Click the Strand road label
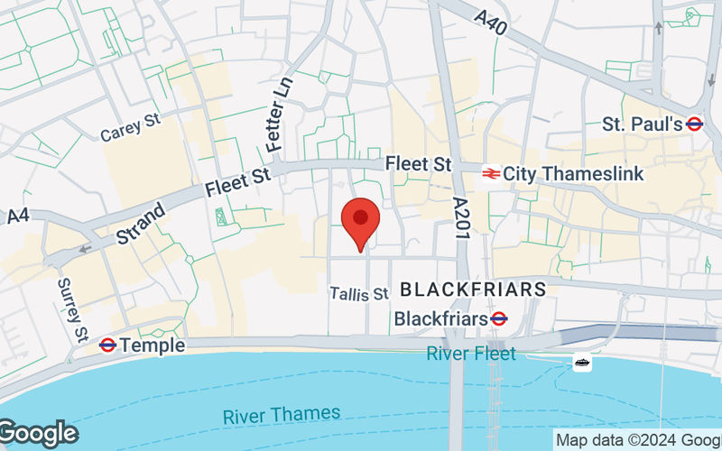pyautogui.click(x=141, y=225)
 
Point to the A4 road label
pyautogui.click(x=18, y=216)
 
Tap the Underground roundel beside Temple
pyautogui.click(x=106, y=345)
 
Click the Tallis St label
pyautogui.click(x=358, y=294)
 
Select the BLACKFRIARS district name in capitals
pyautogui.click(x=472, y=290)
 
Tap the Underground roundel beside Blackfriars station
pyautogui.click(x=497, y=318)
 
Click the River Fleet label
pyautogui.click(x=471, y=354)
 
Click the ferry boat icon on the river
pyautogui.click(x=582, y=363)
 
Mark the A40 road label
pyautogui.click(x=492, y=18)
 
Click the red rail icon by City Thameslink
pyautogui.click(x=491, y=173)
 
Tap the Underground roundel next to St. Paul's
pyautogui.click(x=694, y=124)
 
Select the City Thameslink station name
pyautogui.click(x=573, y=173)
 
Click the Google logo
pyautogui.click(x=38, y=434)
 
